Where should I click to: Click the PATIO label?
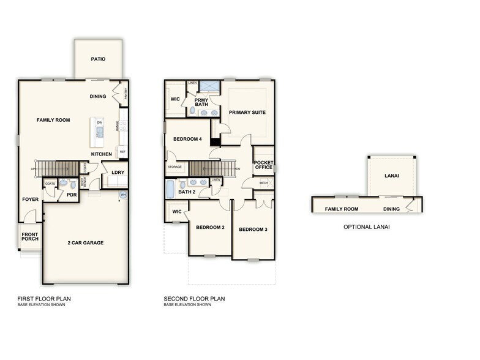[98, 59]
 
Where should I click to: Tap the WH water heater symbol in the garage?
[122, 195]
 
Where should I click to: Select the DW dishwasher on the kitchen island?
[99, 122]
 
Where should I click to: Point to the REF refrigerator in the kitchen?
[122, 152]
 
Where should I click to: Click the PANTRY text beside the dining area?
[126, 94]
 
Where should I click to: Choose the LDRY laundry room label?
[118, 172]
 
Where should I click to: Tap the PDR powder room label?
[72, 195]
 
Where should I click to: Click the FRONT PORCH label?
[30, 237]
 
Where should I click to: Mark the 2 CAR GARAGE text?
[85, 242]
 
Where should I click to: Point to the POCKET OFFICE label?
[263, 164]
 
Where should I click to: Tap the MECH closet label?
[264, 182]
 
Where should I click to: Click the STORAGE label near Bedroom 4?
[174, 167]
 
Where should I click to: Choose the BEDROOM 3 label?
[253, 229]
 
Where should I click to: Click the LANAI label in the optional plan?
[392, 176]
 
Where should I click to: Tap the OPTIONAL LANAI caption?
[366, 227]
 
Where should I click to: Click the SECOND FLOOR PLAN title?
[194, 299]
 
